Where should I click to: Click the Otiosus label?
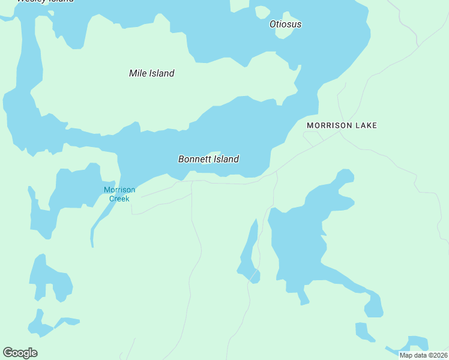285,25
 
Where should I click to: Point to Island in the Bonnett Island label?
226,159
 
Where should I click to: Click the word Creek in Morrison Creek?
119,199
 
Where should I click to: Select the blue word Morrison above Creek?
119,190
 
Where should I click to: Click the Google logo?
20,353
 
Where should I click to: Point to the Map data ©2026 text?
423,355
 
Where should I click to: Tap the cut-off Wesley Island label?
45,1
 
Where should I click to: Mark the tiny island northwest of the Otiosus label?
262,12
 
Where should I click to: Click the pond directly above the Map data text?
416,343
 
